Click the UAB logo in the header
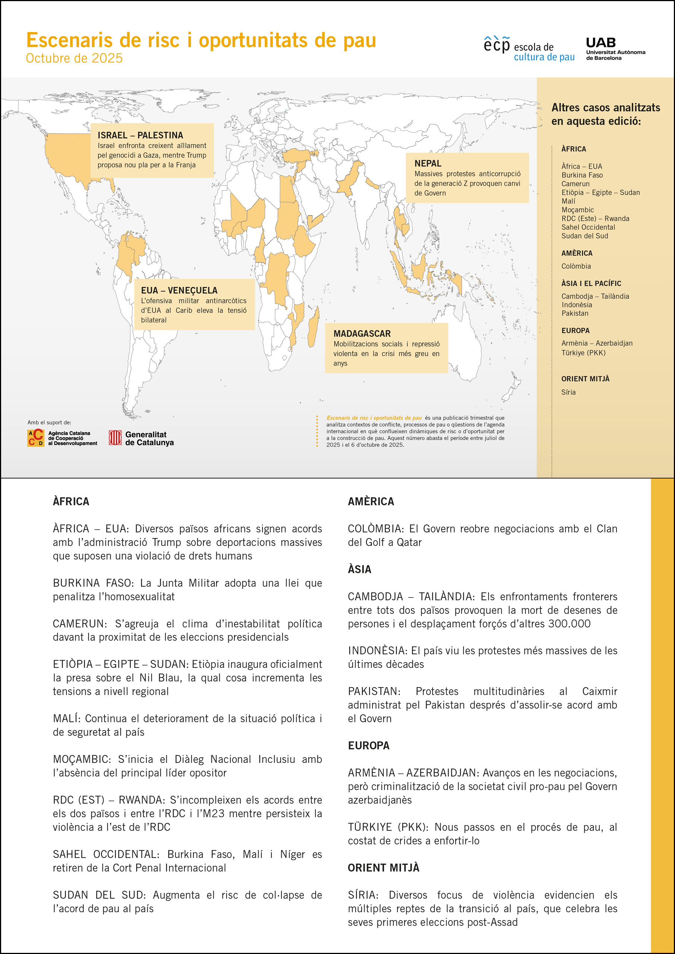point(615,48)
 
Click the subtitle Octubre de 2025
point(74,58)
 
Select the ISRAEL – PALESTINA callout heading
point(140,135)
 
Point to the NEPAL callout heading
point(427,163)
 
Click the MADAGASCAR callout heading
point(362,333)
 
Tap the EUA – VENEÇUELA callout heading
point(179,290)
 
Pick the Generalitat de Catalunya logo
point(141,438)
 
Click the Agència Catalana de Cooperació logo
point(62,438)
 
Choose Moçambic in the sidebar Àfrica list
point(577,210)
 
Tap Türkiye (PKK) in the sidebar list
point(583,353)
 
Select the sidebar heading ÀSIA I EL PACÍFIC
point(591,283)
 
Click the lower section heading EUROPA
point(368,745)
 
